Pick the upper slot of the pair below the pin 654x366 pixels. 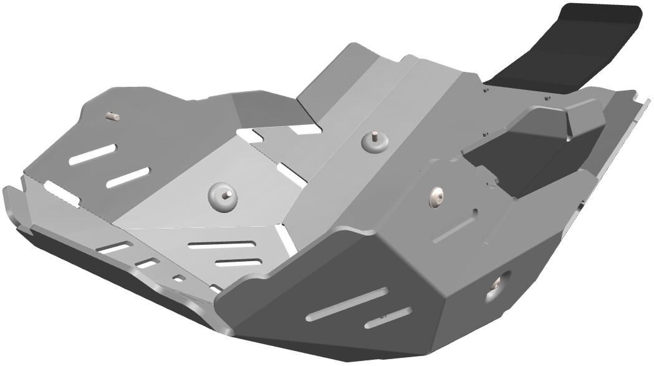click(x=92, y=154)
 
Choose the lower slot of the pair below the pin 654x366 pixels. click(x=128, y=177)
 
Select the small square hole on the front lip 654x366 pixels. click(x=180, y=277)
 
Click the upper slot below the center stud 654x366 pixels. click(x=221, y=245)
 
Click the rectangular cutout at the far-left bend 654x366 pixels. click(x=61, y=194)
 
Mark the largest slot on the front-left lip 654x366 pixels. click(x=114, y=248)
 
